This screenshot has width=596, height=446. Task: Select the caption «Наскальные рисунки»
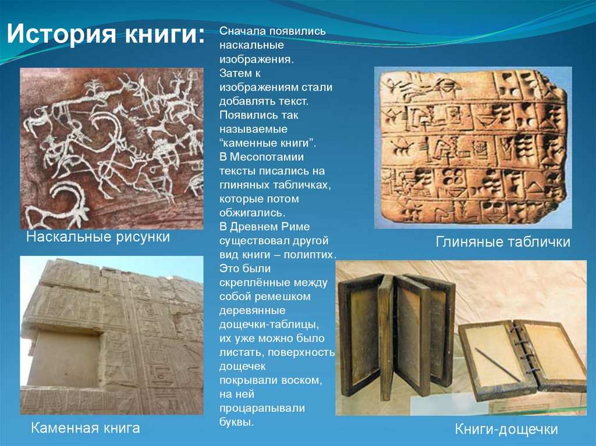[98, 237]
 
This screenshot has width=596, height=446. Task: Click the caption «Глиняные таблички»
[503, 242]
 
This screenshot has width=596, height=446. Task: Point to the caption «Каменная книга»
[86, 429]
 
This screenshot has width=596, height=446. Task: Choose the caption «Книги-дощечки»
[506, 430]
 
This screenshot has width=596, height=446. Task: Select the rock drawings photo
[112, 148]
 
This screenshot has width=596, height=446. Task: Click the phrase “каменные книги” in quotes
[267, 142]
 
